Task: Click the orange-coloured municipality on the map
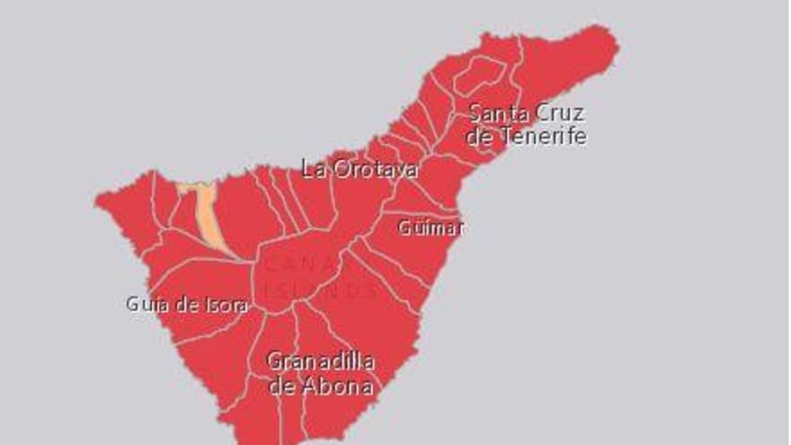click(209, 216)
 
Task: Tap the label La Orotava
click(360, 169)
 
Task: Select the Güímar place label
click(431, 227)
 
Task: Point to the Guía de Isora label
click(187, 305)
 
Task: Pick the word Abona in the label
click(339, 387)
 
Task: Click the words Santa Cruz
click(527, 114)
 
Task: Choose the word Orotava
click(375, 169)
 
